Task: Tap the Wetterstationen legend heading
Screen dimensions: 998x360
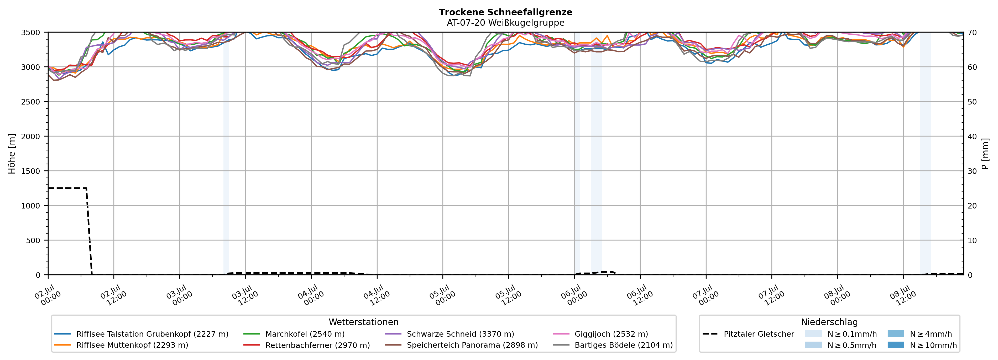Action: pos(363,322)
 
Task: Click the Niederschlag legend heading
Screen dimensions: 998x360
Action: pos(829,322)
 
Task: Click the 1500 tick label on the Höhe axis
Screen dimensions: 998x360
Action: pos(31,171)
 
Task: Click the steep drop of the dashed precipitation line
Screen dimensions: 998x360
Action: pos(89,231)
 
